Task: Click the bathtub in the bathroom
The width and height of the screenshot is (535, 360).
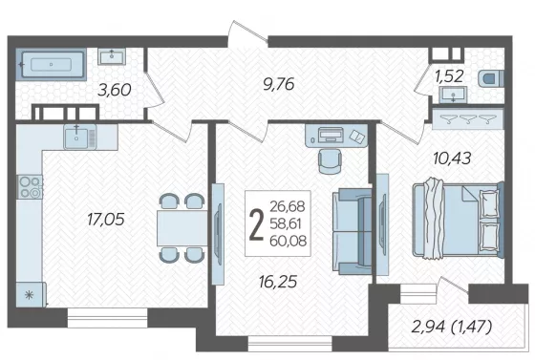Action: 52,64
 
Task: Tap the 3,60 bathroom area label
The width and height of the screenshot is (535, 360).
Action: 115,91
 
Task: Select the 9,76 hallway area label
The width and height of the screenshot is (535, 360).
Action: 279,84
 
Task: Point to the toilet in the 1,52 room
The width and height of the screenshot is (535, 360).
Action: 491,78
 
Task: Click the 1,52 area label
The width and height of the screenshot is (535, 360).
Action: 449,76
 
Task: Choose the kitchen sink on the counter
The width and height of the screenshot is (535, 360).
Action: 80,137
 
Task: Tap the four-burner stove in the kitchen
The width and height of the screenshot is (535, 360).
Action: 30,187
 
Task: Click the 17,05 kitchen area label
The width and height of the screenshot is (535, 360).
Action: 106,220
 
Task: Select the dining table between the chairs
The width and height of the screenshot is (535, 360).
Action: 182,228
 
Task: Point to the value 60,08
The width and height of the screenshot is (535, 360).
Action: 288,241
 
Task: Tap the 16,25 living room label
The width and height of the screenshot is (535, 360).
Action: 278,282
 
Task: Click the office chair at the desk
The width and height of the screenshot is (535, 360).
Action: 330,160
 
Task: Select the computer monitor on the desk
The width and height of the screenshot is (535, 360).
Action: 331,135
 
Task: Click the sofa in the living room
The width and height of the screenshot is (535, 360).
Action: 353,231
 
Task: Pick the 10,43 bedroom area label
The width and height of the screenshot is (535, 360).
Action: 452,159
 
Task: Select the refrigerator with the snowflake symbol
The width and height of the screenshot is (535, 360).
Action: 31,294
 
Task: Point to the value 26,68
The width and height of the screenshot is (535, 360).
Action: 288,206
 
